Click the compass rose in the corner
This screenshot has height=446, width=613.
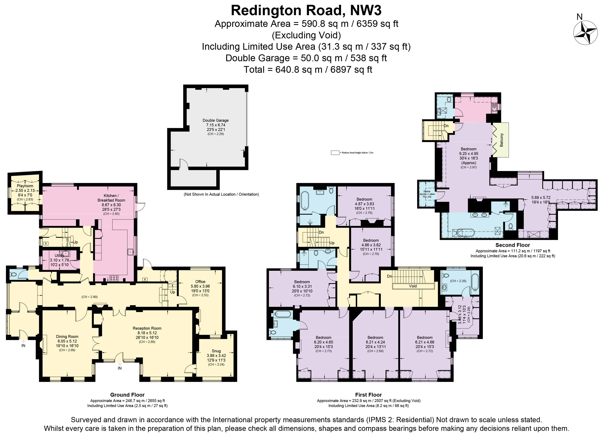point(585,33)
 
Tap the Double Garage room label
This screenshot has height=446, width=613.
point(215,120)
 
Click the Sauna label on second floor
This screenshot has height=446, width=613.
point(427,191)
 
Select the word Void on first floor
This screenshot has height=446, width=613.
point(413,286)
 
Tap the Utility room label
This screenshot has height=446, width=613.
point(59,255)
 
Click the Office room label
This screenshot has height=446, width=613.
point(200,282)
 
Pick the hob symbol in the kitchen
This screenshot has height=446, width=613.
point(114,278)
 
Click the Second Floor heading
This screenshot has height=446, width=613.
point(512,245)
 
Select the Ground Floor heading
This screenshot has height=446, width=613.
point(127,395)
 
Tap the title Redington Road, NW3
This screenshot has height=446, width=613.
point(306,11)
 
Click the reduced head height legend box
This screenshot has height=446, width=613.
point(335,153)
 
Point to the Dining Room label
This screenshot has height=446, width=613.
point(67,336)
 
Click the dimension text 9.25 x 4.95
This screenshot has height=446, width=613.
point(468,154)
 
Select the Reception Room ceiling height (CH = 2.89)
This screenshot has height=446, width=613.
point(147,342)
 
